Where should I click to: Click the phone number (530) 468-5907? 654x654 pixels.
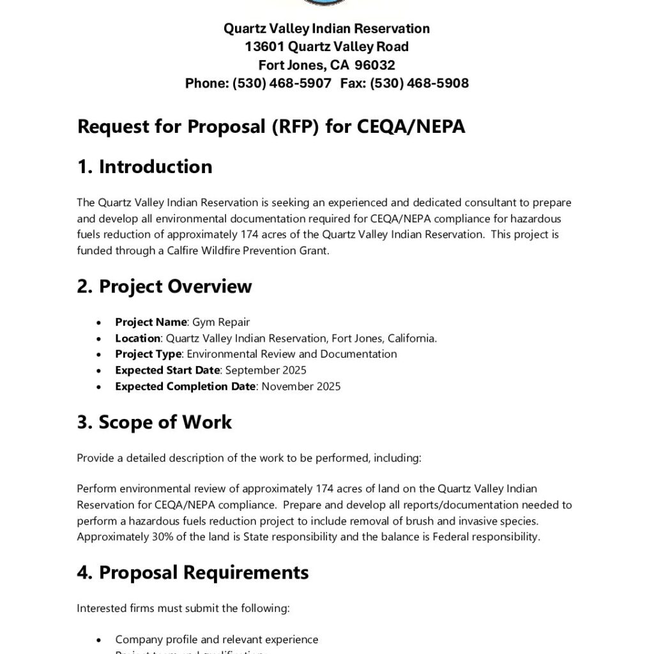[x=282, y=83]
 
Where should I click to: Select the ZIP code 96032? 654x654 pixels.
[x=375, y=65]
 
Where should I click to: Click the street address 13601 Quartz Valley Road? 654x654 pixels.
[x=326, y=47]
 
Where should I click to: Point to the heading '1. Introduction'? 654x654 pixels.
[x=144, y=167]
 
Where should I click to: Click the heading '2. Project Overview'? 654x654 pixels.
[x=164, y=286]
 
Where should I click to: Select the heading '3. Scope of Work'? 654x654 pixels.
[x=154, y=422]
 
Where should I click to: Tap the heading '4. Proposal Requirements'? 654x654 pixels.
[x=192, y=572]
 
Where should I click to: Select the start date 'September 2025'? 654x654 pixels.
[x=266, y=370]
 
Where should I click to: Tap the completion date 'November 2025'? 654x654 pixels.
[x=301, y=386]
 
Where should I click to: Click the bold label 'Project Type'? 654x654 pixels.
[x=148, y=354]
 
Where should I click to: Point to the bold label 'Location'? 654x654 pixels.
[x=137, y=338]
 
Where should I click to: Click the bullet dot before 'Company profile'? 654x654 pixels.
[x=98, y=640]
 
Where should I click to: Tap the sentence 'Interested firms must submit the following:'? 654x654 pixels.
[x=183, y=609]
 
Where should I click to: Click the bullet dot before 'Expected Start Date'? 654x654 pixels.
[x=98, y=371]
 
